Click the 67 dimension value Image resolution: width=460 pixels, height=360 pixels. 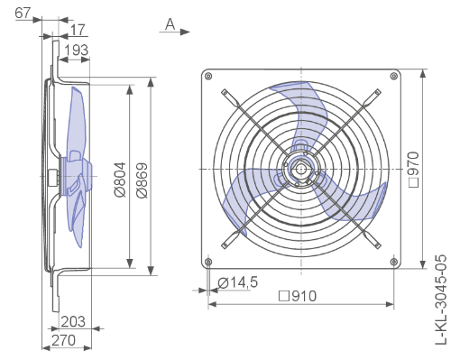pos(23,13)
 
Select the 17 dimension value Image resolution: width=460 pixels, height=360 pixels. pos(78,30)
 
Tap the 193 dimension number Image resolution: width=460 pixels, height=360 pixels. pos(77,50)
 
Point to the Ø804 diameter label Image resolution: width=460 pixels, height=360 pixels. pos(120,180)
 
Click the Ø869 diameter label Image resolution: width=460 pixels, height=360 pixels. pos(142,180)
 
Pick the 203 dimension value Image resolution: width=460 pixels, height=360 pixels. pos(73,321)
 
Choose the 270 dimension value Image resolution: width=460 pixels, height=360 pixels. pos(63,340)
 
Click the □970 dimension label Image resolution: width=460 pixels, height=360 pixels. pos(414,170)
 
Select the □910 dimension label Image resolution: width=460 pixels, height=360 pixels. pos(298,296)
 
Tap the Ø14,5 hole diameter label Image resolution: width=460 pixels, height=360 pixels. pos(238,282)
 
